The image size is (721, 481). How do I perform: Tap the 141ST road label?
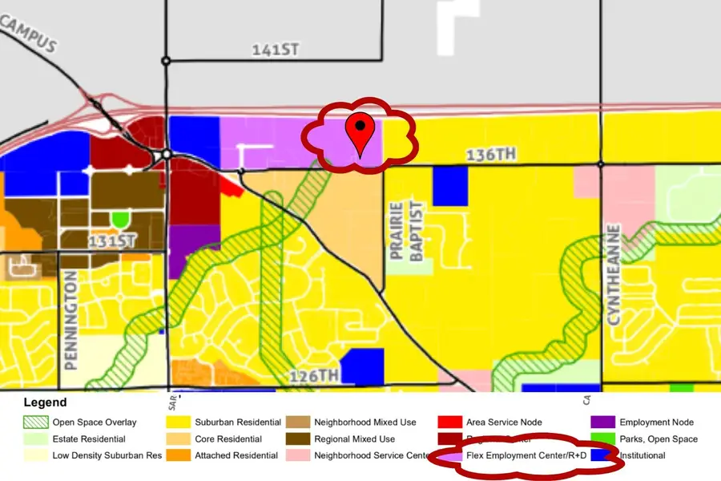pos(276,50)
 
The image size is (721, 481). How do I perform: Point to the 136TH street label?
pos(489,155)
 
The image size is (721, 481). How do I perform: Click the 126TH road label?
pos(314,376)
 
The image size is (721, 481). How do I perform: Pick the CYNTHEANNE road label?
pos(614,274)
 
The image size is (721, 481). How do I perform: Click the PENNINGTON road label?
pos(70,320)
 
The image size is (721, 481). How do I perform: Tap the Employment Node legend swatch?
pos(602,422)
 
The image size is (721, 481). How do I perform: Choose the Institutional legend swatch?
pos(602,455)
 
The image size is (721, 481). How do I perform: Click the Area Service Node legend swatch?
pos(450,422)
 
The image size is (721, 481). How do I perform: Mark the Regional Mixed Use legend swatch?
pos(298,439)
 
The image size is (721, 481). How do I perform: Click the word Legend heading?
pos(46,403)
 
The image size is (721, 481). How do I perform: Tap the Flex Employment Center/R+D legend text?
pos(526,455)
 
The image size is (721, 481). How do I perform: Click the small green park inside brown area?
pos(120,219)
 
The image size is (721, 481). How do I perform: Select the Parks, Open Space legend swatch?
pos(602,439)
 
